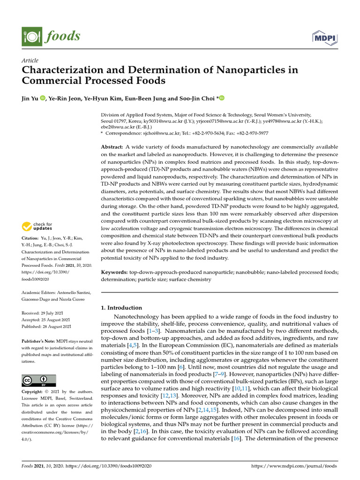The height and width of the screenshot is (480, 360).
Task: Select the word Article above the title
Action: point(30,60)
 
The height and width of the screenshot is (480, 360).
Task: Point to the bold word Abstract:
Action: point(112,147)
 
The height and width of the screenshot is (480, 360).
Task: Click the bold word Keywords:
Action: point(114,272)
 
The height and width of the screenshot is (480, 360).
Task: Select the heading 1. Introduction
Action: point(121,308)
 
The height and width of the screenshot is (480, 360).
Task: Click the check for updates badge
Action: point(37,227)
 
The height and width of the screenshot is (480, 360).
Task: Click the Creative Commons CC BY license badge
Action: point(39,380)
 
